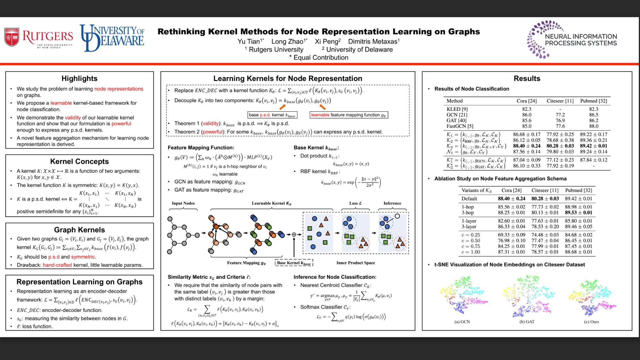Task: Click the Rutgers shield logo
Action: click(x=12, y=37)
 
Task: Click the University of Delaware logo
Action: click(x=112, y=38)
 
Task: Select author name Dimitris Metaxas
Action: click(x=373, y=41)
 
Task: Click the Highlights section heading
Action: click(x=79, y=78)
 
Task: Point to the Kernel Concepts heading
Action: click(x=79, y=161)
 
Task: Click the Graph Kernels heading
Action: click(x=79, y=230)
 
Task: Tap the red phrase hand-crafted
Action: click(x=57, y=265)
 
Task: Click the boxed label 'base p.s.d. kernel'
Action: click(x=272, y=115)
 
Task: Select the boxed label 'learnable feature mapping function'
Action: click(x=348, y=115)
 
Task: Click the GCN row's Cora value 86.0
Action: click(x=526, y=115)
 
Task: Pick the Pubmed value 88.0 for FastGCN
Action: click(x=594, y=126)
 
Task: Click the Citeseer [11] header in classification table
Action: click(x=560, y=101)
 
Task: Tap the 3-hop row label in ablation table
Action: click(x=468, y=212)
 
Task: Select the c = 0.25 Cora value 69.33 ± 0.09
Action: click(x=511, y=235)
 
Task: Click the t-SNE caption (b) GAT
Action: click(x=527, y=322)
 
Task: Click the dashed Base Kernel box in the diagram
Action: click(x=294, y=263)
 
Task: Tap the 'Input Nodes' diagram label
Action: click(x=183, y=203)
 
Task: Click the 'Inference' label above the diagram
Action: click(x=392, y=203)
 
